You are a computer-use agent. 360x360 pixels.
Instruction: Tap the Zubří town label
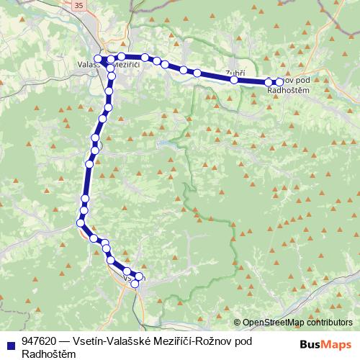pos(235,73)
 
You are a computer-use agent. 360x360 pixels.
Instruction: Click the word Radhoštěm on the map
pos(288,89)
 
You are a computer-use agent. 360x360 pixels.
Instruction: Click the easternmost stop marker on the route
pos(279,82)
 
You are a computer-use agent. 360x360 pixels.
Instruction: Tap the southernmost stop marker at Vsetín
pos(135,284)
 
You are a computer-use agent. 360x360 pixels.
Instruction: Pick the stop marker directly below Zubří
pos(234,80)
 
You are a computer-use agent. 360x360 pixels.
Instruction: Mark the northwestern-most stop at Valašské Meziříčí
pos(99,58)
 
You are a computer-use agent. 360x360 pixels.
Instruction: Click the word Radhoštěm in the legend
pos(49,353)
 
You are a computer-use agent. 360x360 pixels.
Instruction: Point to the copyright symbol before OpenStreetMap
pos(238,323)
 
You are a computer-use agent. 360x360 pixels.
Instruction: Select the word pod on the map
pos(303,80)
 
